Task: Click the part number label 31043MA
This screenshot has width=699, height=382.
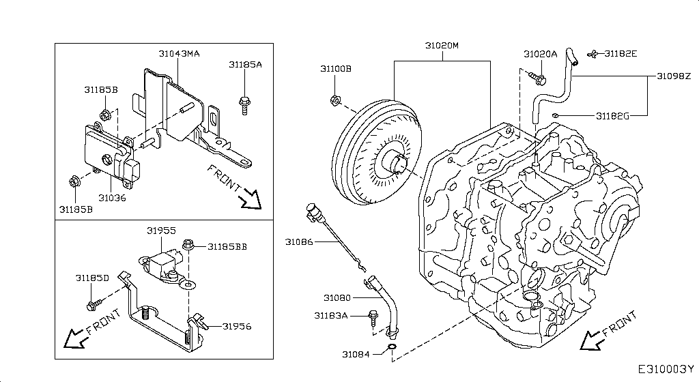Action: pyautogui.click(x=179, y=53)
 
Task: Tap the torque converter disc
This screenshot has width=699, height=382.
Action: pyautogui.click(x=380, y=155)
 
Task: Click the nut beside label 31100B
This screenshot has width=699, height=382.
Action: pyautogui.click(x=335, y=101)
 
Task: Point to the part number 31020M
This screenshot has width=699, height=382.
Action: pyautogui.click(x=442, y=46)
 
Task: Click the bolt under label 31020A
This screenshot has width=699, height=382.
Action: pyautogui.click(x=541, y=78)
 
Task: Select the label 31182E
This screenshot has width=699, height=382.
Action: pyautogui.click(x=620, y=53)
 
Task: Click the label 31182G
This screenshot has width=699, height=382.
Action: pyautogui.click(x=612, y=116)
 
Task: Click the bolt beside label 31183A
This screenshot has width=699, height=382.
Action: pyautogui.click(x=373, y=317)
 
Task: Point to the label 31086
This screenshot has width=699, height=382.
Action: pyautogui.click(x=299, y=241)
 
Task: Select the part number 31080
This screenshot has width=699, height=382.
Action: pyautogui.click(x=337, y=298)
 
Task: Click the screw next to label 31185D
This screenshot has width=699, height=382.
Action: pyautogui.click(x=94, y=303)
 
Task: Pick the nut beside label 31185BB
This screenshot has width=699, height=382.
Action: pyautogui.click(x=188, y=244)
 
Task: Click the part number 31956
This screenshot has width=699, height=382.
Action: pyautogui.click(x=236, y=326)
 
